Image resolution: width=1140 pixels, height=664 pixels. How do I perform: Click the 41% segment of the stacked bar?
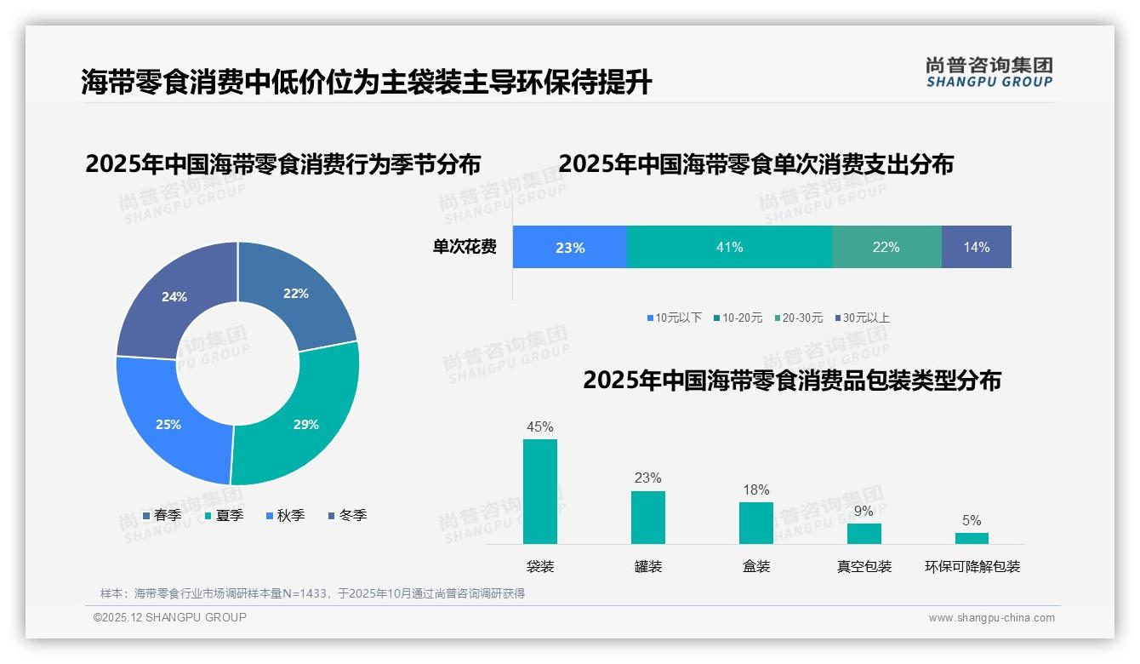[x=729, y=247]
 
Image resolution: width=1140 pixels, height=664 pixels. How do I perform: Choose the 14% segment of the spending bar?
[x=976, y=247]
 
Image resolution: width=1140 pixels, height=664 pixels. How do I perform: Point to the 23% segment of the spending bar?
[x=570, y=247]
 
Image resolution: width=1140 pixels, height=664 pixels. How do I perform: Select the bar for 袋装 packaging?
[x=540, y=491]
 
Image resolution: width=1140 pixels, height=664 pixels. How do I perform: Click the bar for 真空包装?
[x=864, y=534]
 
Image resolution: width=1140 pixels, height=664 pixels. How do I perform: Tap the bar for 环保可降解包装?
[x=972, y=538]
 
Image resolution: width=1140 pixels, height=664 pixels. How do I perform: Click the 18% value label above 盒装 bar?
[x=755, y=489]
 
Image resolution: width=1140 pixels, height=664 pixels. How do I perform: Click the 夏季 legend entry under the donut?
[x=225, y=515]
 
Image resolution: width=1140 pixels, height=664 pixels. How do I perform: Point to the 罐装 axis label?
[x=648, y=566]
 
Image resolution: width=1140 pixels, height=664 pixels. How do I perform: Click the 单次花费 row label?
[x=465, y=247]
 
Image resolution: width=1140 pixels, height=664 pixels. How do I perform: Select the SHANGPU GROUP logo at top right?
[x=989, y=72]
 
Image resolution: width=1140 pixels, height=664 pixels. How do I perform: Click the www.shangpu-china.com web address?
[x=991, y=617]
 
